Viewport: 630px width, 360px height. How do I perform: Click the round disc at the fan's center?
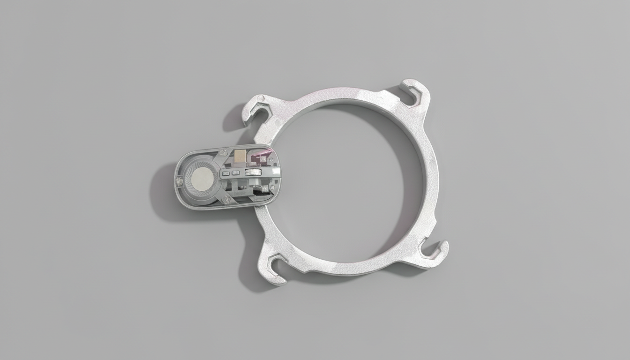click(202, 179)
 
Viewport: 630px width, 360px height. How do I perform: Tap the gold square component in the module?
click(240, 156)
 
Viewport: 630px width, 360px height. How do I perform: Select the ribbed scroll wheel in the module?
click(253, 172)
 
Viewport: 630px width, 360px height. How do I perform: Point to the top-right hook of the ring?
click(415, 92)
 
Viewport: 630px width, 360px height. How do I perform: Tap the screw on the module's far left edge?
click(179, 181)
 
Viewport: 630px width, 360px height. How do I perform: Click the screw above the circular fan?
click(224, 153)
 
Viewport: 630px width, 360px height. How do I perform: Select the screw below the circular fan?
click(226, 199)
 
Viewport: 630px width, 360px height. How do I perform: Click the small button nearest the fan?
click(226, 173)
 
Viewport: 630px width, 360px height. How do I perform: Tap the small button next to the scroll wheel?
click(236, 173)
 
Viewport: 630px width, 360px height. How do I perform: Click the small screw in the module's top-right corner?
click(271, 160)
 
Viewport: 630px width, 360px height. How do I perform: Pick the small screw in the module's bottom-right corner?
click(272, 187)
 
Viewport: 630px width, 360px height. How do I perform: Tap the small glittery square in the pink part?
click(263, 159)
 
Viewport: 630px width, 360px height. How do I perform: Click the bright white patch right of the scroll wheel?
click(276, 171)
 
